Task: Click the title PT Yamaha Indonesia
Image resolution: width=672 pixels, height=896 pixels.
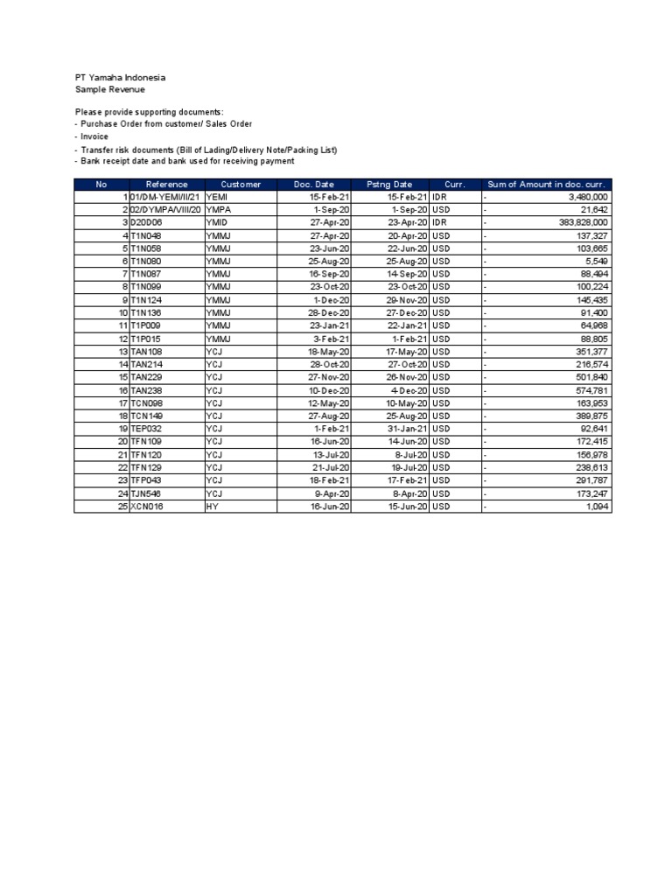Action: click(120, 78)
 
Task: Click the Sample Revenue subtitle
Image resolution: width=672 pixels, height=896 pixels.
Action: click(110, 89)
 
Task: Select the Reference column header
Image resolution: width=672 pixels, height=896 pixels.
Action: click(166, 185)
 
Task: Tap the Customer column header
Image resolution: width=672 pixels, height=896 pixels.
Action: click(241, 185)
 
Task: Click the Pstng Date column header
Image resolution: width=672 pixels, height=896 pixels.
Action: click(389, 185)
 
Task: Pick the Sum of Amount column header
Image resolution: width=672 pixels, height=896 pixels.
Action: click(546, 185)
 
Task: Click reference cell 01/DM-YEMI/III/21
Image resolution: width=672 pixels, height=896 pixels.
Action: click(165, 198)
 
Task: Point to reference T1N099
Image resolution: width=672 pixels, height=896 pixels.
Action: click(146, 287)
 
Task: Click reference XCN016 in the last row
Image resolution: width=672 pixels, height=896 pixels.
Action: click(147, 507)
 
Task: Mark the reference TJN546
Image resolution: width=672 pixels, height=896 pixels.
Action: click(146, 493)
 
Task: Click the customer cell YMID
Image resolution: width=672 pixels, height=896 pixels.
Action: click(217, 223)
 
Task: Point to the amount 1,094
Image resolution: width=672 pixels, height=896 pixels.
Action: click(598, 507)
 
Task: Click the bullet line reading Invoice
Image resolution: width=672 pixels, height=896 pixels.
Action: click(94, 137)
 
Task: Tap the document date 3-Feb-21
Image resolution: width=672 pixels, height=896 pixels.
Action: click(332, 339)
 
